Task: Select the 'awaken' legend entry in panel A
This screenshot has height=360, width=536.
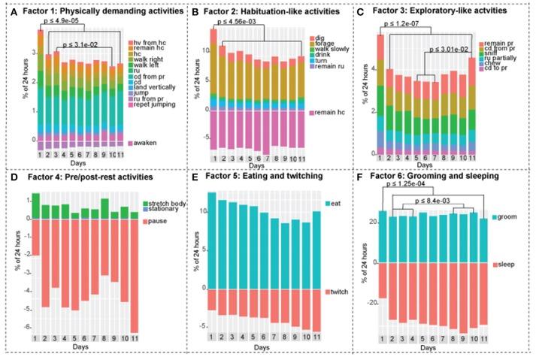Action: coord(141,142)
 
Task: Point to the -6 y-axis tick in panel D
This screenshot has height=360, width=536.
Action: coord(26,328)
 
